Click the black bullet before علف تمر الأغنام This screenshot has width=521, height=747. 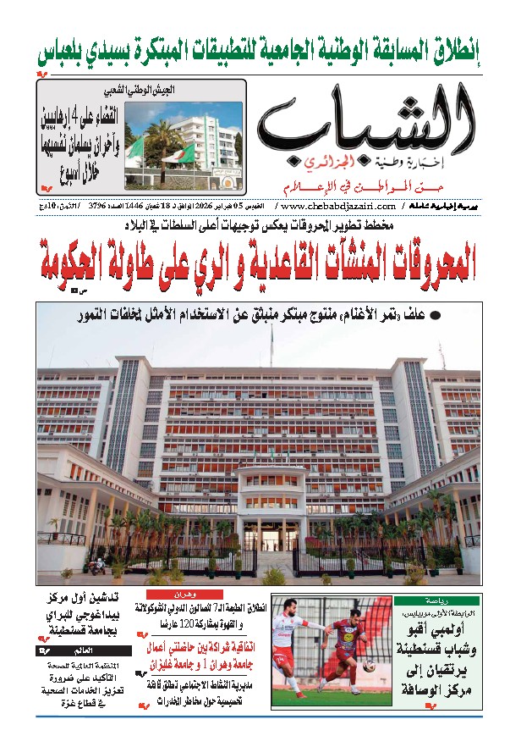point(434,317)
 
